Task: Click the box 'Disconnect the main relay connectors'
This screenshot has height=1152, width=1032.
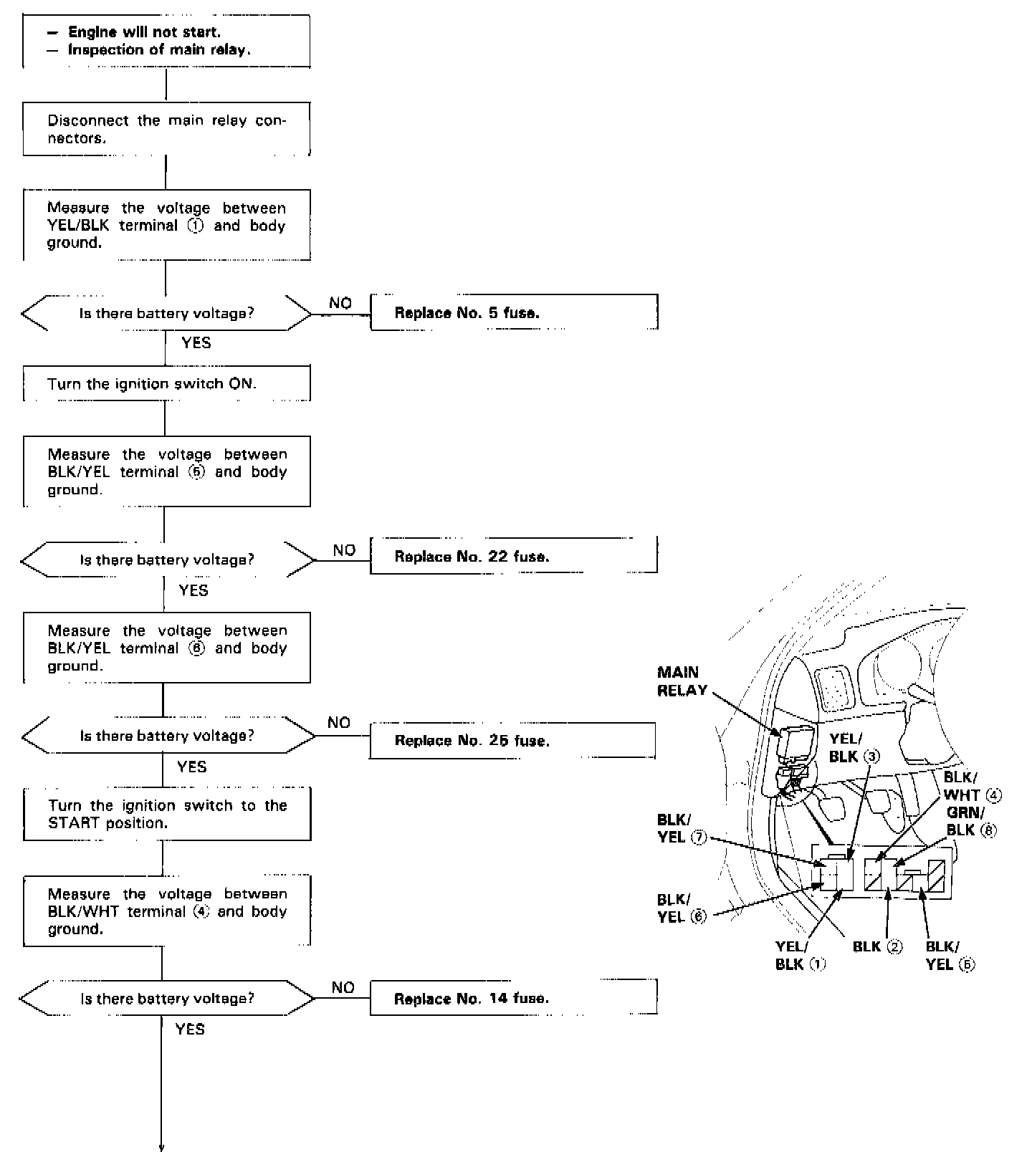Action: pos(166,129)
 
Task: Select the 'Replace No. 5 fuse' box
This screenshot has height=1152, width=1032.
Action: pos(513,313)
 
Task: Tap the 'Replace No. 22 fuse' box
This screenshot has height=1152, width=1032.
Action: pos(513,557)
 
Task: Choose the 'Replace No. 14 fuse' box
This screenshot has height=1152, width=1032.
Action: pos(513,998)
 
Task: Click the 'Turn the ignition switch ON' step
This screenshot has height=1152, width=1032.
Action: pos(166,384)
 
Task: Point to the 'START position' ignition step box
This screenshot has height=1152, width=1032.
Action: pos(166,815)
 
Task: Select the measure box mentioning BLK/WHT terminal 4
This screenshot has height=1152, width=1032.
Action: pos(166,911)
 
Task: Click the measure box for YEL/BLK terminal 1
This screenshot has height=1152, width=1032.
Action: pos(166,225)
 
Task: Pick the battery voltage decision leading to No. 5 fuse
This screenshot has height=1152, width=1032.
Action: pos(166,313)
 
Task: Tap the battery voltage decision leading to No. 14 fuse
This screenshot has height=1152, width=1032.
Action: pos(166,998)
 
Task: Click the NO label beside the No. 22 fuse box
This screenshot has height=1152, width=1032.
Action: pos(344,550)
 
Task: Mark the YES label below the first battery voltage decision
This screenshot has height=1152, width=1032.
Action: pos(196,343)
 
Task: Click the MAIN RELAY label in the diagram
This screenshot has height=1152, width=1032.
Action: pos(682,681)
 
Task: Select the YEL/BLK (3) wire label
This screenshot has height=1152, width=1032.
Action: pos(852,748)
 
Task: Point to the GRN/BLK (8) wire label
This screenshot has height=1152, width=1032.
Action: pos(970,821)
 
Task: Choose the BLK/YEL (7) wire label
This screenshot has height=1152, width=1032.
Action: pos(682,828)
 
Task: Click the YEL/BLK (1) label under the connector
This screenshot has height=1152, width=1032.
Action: pos(800,956)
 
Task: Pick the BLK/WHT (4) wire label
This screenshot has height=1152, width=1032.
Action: pos(972,787)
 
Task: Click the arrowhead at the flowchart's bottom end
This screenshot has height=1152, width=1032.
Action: pos(162,1146)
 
